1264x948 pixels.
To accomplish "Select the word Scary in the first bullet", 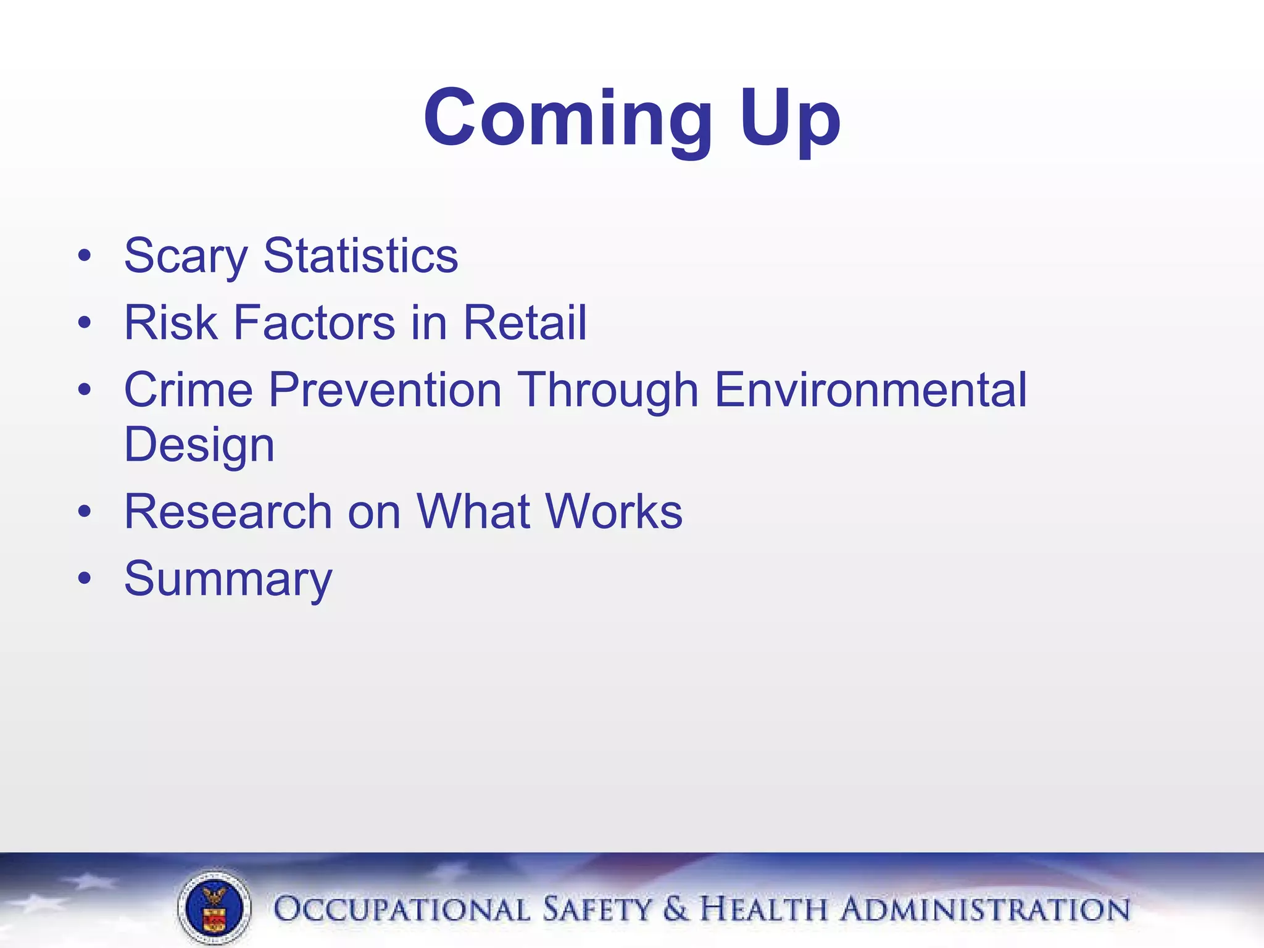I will [186, 256].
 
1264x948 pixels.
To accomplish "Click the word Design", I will [199, 444].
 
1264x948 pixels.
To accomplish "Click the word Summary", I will [228, 579].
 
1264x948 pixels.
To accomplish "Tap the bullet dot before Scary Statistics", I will [85, 255].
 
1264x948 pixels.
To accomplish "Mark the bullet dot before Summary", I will [85, 578].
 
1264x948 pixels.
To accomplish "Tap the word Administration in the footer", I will [986, 910].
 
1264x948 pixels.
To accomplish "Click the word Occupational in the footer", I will [401, 910].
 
